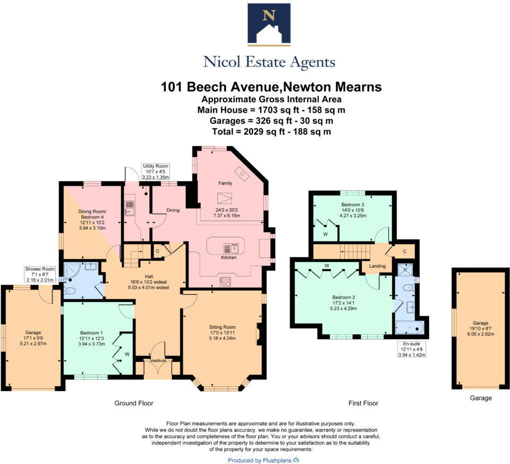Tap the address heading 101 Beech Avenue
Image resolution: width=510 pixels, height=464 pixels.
coord(271,87)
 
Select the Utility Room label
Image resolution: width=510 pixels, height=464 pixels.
coord(155,166)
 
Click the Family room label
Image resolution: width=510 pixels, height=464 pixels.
coord(225,183)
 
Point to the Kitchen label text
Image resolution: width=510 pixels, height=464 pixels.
coord(228,258)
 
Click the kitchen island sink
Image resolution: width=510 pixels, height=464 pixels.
coord(233,248)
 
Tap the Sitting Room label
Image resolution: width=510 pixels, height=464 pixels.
coord(222,327)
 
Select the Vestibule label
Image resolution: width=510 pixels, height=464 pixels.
coord(159,361)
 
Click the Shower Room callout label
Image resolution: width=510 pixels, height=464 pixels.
coord(39,269)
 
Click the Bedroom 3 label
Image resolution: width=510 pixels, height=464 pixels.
coord(353,204)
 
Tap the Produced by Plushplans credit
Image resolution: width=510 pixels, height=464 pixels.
coord(263,460)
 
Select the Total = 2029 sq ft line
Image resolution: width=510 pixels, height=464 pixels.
coord(271,131)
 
